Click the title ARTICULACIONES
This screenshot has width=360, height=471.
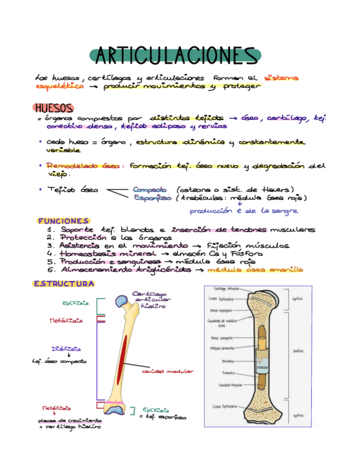click(174, 56)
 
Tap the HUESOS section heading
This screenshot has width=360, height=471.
click(53, 108)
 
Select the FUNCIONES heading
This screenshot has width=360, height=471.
click(63, 221)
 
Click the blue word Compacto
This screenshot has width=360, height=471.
click(149, 189)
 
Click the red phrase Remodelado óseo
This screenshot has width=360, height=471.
click(83, 166)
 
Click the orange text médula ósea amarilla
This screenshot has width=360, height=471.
click(255, 270)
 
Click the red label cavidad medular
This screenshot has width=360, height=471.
click(167, 371)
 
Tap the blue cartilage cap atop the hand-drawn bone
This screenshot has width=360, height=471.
click(121, 300)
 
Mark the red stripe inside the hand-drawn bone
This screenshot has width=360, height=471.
click(124, 355)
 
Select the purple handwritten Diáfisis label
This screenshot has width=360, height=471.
click(66, 349)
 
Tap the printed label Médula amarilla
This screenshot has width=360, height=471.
click(224, 348)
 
